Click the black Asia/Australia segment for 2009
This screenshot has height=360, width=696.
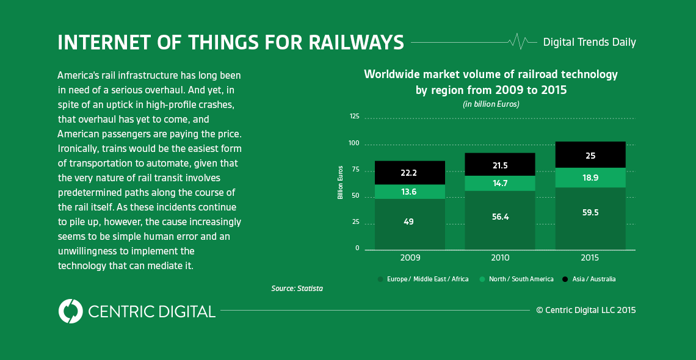410,173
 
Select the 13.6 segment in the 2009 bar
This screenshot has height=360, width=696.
410,192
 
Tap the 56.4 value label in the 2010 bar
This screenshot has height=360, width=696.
499,216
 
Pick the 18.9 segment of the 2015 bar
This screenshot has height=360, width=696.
590,178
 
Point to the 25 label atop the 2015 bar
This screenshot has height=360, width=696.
590,156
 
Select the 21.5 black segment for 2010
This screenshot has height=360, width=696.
499,165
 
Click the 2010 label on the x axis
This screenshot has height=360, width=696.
499,258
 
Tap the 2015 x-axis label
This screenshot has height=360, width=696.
590,258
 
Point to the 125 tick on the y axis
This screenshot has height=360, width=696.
354,116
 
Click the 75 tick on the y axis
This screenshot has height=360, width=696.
355,171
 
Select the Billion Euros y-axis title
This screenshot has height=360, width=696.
341,182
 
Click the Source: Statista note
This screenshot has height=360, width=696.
297,288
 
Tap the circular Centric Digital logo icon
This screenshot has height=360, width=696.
71,311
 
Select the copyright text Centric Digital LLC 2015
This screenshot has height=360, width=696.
586,310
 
